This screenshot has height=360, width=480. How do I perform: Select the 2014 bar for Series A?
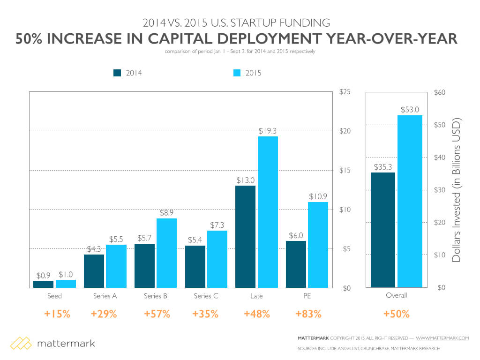click(x=94, y=271)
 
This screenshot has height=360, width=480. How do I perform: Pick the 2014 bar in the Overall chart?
click(x=382, y=230)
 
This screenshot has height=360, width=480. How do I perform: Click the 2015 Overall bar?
click(x=410, y=201)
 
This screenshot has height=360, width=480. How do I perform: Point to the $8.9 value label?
click(x=167, y=212)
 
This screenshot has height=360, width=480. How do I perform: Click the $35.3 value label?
click(x=382, y=166)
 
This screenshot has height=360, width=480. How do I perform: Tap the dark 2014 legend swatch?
click(x=117, y=73)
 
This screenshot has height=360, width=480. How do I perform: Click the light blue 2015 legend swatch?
click(x=237, y=73)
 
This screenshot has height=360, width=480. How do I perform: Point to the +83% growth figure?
click(x=308, y=314)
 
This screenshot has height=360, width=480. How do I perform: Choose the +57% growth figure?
click(x=157, y=314)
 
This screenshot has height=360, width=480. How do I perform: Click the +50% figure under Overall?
click(x=397, y=314)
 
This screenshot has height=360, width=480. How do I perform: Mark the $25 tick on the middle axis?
click(x=345, y=92)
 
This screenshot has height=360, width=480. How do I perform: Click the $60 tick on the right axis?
click(x=441, y=92)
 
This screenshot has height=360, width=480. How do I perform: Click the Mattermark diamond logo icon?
click(x=21, y=344)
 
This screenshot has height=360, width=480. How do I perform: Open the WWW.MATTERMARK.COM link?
click(x=442, y=338)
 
